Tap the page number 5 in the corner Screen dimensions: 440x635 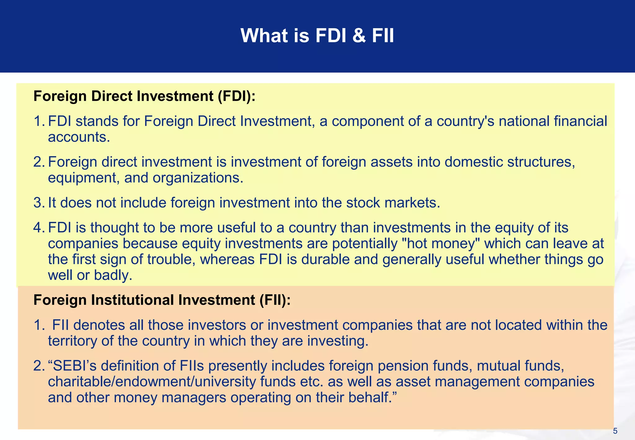[615, 431]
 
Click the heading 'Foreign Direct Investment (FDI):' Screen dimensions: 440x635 [144, 96]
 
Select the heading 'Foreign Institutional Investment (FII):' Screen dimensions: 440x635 [162, 300]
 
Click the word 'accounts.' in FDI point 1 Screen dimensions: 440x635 [79, 137]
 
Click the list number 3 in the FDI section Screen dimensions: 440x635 [38, 203]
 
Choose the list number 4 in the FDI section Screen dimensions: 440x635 [38, 228]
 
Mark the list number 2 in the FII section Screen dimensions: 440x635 [38, 366]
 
